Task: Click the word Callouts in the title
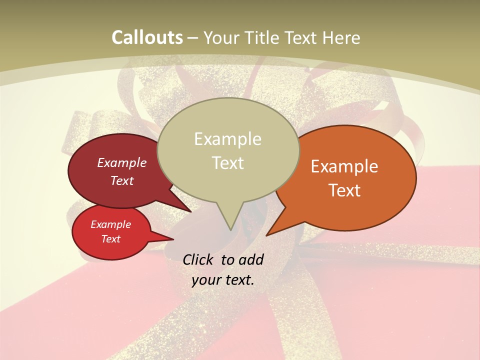(x=147, y=37)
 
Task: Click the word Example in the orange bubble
(x=344, y=166)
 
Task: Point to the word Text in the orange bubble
(x=344, y=190)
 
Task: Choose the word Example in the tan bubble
(x=227, y=139)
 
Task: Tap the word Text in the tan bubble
(x=227, y=163)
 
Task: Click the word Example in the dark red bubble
(x=122, y=163)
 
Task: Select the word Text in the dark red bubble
(x=122, y=181)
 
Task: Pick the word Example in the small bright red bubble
(x=110, y=225)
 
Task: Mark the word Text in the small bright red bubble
(x=110, y=239)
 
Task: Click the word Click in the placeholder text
(x=198, y=259)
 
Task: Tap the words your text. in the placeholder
(x=222, y=280)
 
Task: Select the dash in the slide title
(x=193, y=37)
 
